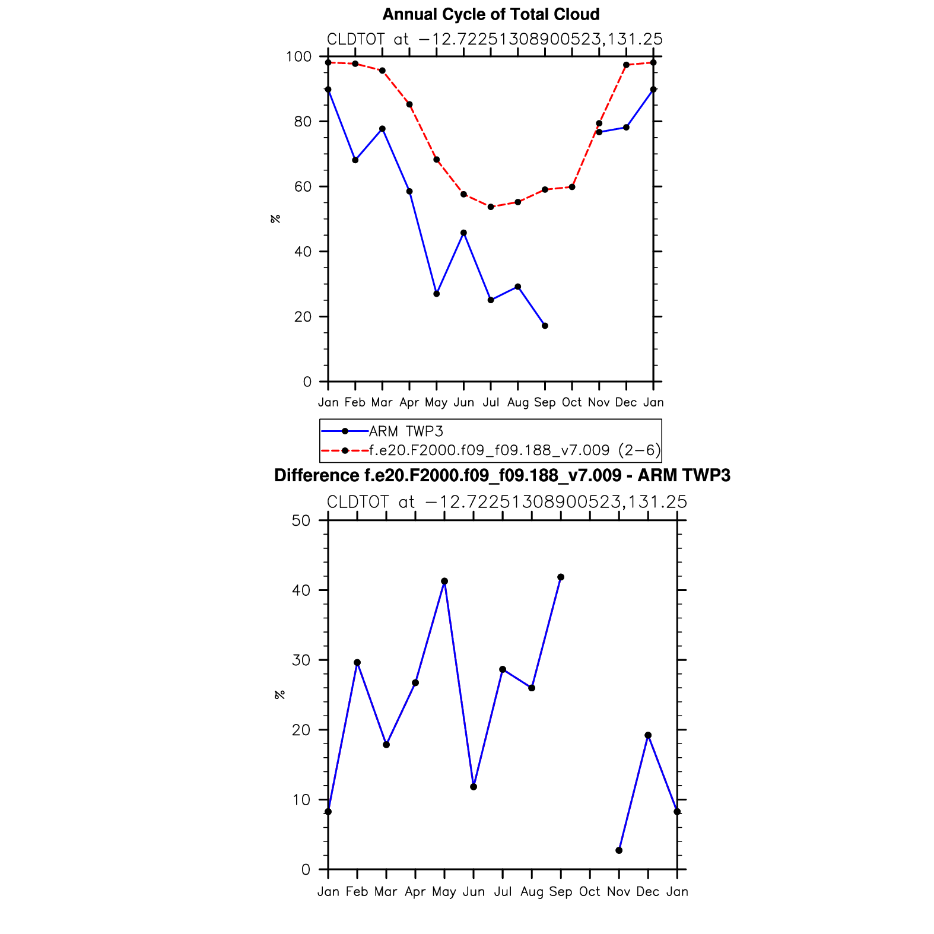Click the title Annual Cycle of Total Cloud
coord(491,14)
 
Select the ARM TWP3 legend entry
coord(406,431)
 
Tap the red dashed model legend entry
coord(514,450)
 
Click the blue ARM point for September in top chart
coord(545,326)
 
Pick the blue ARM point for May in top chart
coord(437,294)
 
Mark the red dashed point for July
coord(491,207)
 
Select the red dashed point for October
coord(572,187)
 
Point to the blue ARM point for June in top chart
coord(463,233)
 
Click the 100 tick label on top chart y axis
coord(298,57)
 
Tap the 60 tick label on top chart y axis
coord(302,187)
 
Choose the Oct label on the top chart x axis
coord(572,402)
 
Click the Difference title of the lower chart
coord(502,475)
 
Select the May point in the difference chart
coord(444,582)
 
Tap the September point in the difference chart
coord(561,577)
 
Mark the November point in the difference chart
coord(619,850)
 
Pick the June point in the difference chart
coord(474,787)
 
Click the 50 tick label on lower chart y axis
coord(302,521)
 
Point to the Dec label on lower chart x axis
coord(648,892)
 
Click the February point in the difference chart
coord(357,663)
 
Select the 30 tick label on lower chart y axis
coord(302,660)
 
